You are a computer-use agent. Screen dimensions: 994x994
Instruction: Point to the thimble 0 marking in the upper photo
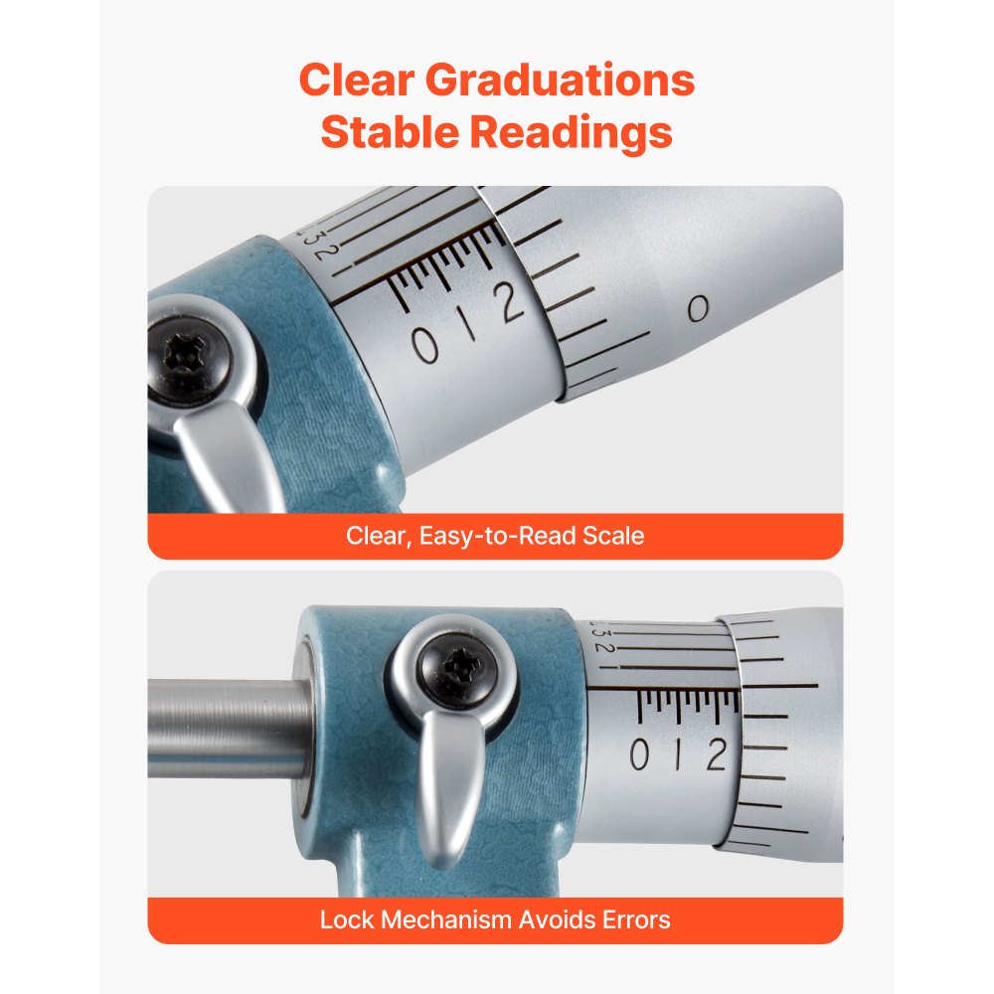tap(699, 310)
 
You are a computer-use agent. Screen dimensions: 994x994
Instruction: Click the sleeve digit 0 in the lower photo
tap(640, 756)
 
